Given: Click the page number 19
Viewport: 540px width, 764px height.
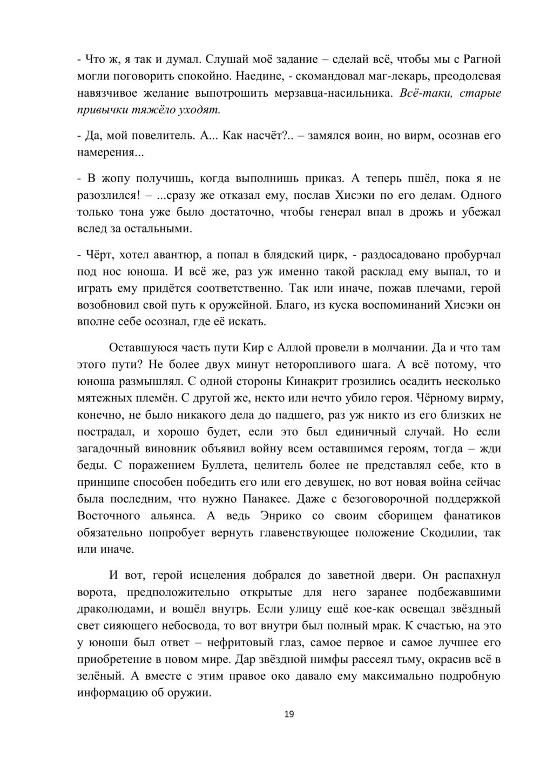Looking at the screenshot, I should (x=289, y=715).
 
